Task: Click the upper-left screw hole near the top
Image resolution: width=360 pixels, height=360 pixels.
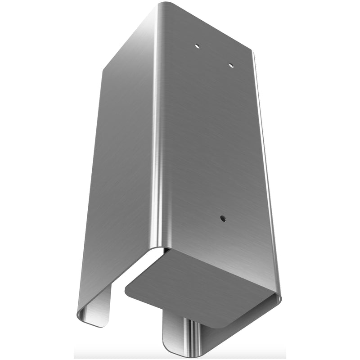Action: click(197, 45)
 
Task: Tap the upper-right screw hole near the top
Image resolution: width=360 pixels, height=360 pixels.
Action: click(230, 66)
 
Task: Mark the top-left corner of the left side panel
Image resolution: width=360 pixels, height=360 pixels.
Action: click(104, 70)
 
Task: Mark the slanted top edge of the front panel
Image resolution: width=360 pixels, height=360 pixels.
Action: click(207, 27)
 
